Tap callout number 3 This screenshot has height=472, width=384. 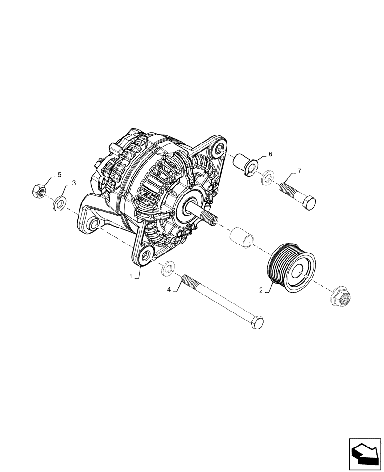[x=73, y=183]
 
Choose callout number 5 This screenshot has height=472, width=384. [x=60, y=175]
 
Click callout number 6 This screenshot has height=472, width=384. [x=271, y=154]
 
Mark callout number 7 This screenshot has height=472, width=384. [x=299, y=170]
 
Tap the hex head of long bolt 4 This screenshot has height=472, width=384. [x=257, y=324]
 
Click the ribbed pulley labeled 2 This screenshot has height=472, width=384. [x=288, y=270]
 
